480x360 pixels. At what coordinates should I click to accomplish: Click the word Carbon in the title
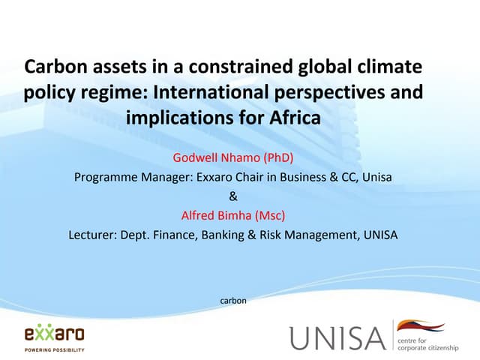coord(54,68)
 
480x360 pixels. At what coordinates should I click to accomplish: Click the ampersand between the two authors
coord(232,196)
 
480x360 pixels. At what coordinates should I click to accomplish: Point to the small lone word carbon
coord(232,301)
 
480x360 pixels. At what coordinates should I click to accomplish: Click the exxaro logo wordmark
coord(54,333)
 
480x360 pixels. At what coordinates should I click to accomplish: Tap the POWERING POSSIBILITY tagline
coord(54,349)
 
